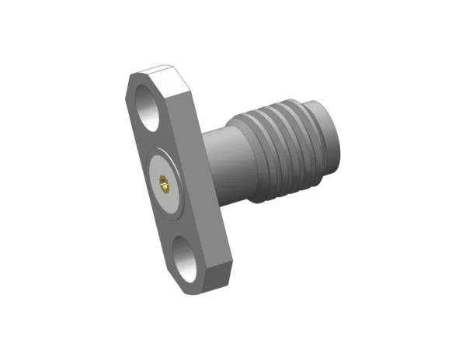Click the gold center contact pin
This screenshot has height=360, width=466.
pyautogui.click(x=164, y=184)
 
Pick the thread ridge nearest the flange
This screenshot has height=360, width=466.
pyautogui.click(x=252, y=155)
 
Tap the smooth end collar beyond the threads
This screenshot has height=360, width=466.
pyautogui.click(x=331, y=144)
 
